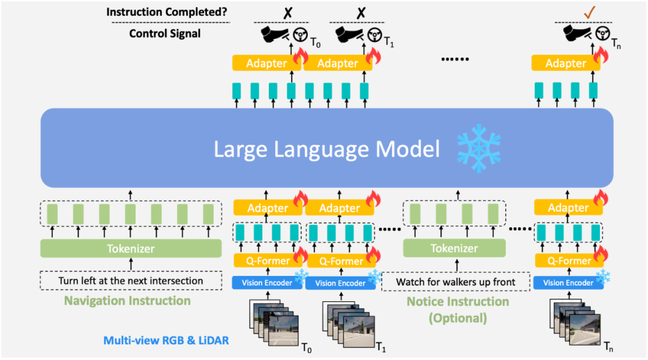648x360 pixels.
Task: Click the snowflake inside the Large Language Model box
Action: coord(479,148)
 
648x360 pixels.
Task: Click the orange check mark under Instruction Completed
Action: coord(590,12)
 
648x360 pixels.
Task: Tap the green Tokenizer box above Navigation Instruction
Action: coord(131,248)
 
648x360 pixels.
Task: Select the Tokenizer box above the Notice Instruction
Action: coord(454,248)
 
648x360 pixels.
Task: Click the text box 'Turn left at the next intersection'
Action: coord(131,281)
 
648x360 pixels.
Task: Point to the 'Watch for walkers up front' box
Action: coord(455,282)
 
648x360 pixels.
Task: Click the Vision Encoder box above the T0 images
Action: coord(267,283)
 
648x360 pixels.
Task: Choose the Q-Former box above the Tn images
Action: coord(569,261)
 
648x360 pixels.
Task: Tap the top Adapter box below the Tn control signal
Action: coord(565,63)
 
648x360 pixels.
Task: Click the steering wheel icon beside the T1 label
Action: coord(374,35)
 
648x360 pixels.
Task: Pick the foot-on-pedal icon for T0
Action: coord(275,34)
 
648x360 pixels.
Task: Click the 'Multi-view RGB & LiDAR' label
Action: coord(166,340)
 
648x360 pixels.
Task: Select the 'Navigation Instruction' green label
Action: coord(127,301)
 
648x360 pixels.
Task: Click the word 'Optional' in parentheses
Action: coord(457,318)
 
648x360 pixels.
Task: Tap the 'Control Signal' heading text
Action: coord(164,34)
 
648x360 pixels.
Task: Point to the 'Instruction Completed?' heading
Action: coord(167,11)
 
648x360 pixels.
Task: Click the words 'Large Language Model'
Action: coord(326,149)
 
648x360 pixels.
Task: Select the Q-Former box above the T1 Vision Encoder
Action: coord(341,261)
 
